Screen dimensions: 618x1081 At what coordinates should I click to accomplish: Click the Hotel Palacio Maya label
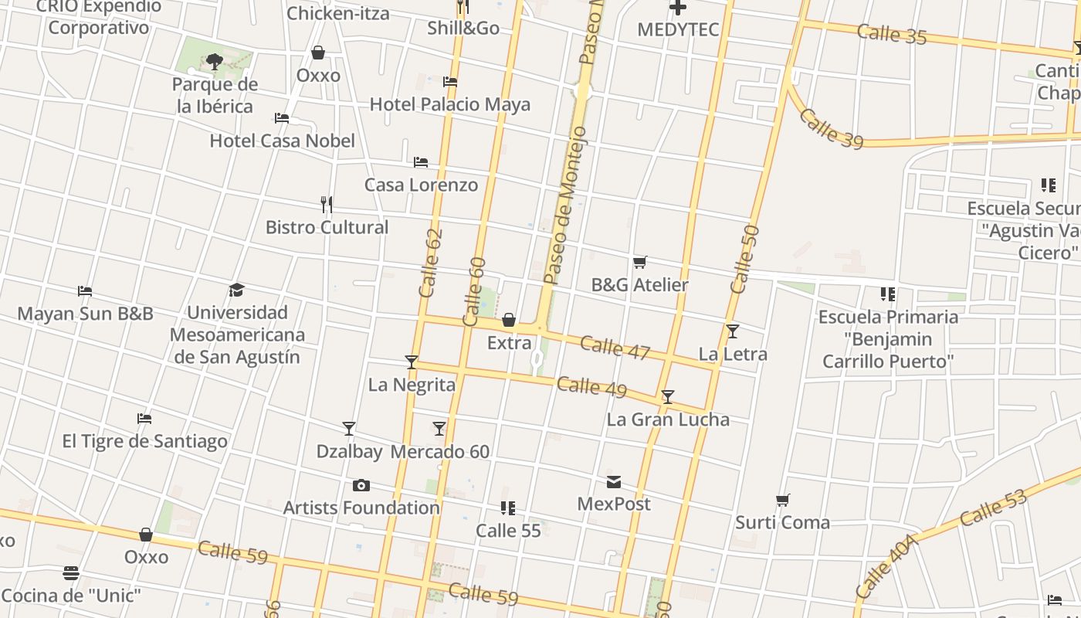tap(450, 104)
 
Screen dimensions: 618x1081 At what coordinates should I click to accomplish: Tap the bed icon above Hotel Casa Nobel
tap(282, 118)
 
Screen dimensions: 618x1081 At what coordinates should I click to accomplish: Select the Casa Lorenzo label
tap(421, 185)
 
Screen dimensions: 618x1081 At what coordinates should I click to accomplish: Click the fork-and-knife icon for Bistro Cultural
tap(327, 205)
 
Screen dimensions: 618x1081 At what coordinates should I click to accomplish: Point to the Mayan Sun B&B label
tap(85, 314)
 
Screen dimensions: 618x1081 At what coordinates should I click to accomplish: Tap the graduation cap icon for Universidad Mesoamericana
tap(236, 290)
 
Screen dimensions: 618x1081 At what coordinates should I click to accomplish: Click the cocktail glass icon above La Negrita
tap(412, 362)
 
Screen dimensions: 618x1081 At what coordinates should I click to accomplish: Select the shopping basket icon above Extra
tap(509, 320)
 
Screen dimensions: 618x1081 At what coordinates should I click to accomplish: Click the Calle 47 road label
tap(615, 348)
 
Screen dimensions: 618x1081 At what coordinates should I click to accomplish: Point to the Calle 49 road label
tap(591, 386)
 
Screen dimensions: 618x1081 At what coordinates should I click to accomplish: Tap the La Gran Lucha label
tap(668, 419)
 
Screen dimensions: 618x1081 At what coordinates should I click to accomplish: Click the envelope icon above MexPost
tap(614, 482)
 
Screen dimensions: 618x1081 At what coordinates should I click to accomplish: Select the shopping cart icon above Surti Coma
tap(782, 501)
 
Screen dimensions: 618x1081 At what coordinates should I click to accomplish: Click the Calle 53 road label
tap(995, 508)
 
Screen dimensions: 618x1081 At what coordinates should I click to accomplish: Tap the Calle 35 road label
tap(891, 34)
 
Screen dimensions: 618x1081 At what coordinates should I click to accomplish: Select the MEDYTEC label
tap(678, 30)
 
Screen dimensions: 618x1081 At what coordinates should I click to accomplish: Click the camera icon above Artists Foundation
tap(361, 486)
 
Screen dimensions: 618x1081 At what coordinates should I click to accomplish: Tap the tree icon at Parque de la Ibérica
tap(215, 61)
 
